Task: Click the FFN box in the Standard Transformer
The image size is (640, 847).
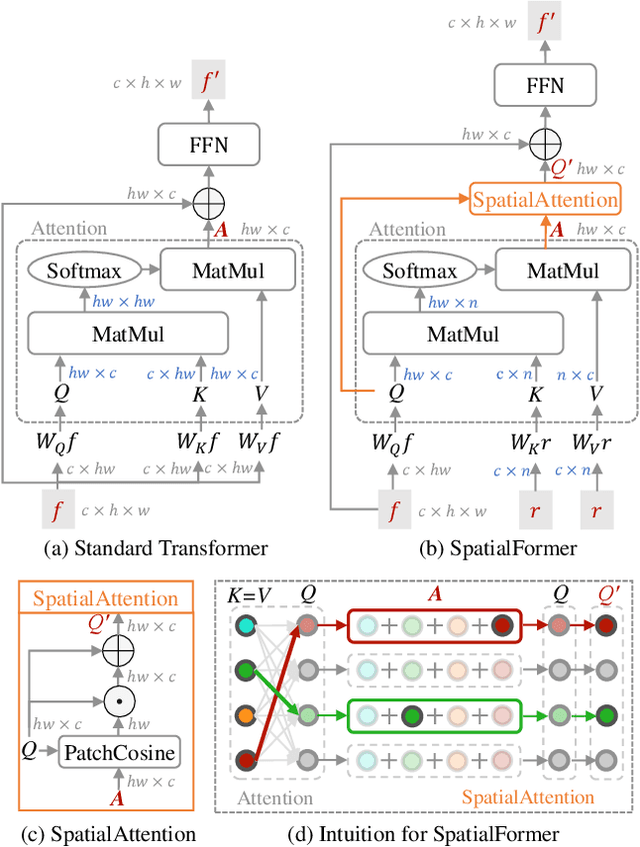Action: point(210,145)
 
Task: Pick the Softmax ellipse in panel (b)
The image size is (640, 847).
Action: point(420,270)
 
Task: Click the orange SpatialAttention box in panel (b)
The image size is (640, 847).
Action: point(544,200)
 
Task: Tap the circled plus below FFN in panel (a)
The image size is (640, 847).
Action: point(210,203)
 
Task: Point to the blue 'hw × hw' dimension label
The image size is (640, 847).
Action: point(123,301)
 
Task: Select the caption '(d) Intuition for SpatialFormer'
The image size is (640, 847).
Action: point(426,834)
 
